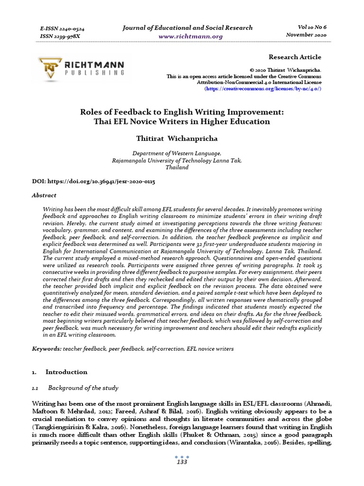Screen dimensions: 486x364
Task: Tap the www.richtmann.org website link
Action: pyautogui.click(x=184, y=36)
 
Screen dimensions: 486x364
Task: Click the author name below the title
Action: pyautogui.click(x=176, y=138)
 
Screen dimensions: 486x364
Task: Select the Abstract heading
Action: pyautogui.click(x=44, y=195)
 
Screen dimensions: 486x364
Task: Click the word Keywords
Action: pyautogui.click(x=46, y=348)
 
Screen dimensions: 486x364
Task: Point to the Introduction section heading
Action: pyautogui.click(x=66, y=372)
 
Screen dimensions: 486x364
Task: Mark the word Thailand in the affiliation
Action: pyautogui.click(x=177, y=168)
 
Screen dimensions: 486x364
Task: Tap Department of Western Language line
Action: pyautogui.click(x=177, y=153)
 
